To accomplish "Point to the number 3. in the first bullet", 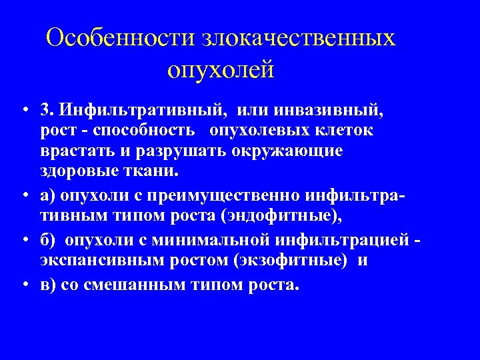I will tap(47, 110).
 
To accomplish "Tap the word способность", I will tap(137, 131).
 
